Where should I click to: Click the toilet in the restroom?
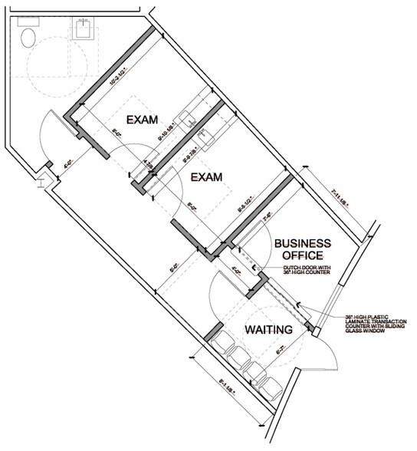click(x=29, y=36)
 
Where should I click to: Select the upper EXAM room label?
click(x=143, y=120)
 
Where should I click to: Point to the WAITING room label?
click(x=269, y=330)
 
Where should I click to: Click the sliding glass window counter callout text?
click(x=366, y=325)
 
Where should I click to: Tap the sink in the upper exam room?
click(x=187, y=118)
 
